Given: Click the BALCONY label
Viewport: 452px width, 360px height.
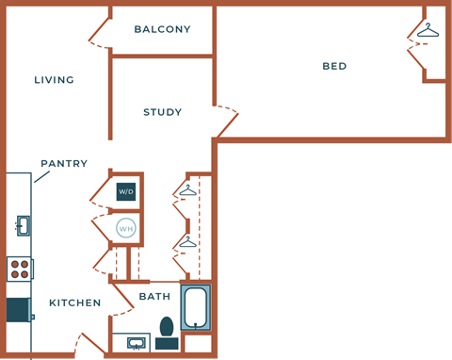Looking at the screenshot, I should [162, 29].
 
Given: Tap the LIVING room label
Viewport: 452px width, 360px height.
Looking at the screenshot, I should [54, 80].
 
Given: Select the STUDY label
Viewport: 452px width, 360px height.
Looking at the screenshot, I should [162, 112].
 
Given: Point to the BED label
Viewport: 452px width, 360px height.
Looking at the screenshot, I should [334, 66].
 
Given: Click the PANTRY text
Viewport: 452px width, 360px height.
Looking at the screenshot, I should [64, 163].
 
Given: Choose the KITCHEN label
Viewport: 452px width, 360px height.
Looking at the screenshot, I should [75, 303].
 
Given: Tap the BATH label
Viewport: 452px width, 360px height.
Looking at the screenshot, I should [154, 296].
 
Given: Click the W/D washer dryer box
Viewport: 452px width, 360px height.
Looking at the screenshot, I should [125, 192].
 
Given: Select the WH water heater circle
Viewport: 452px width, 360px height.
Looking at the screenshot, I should [125, 227].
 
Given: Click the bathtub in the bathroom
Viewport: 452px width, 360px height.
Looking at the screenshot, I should [195, 306].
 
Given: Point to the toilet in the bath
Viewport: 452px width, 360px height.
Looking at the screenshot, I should [168, 328].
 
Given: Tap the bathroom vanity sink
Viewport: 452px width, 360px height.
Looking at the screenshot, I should [136, 342].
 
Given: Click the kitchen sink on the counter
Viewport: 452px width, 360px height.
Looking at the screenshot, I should [22, 225].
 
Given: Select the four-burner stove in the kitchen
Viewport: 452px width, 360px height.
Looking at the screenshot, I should [19, 270].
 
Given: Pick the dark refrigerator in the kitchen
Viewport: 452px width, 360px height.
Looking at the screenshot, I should [19, 310].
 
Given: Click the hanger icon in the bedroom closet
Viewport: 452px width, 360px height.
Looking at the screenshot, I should [428, 31].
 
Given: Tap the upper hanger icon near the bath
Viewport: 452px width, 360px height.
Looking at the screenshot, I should [186, 190].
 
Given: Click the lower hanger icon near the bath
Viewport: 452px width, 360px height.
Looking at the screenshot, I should [186, 242].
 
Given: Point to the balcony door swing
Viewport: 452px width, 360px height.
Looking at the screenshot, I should [100, 35].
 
